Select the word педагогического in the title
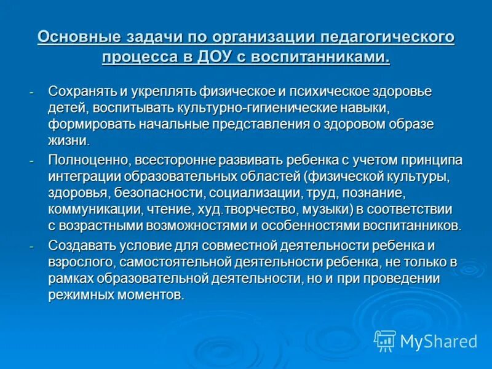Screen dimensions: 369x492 click(x=386, y=37)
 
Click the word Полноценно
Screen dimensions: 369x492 click(x=87, y=161)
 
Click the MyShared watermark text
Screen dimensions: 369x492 click(x=438, y=341)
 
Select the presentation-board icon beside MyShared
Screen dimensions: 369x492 click(x=385, y=340)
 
